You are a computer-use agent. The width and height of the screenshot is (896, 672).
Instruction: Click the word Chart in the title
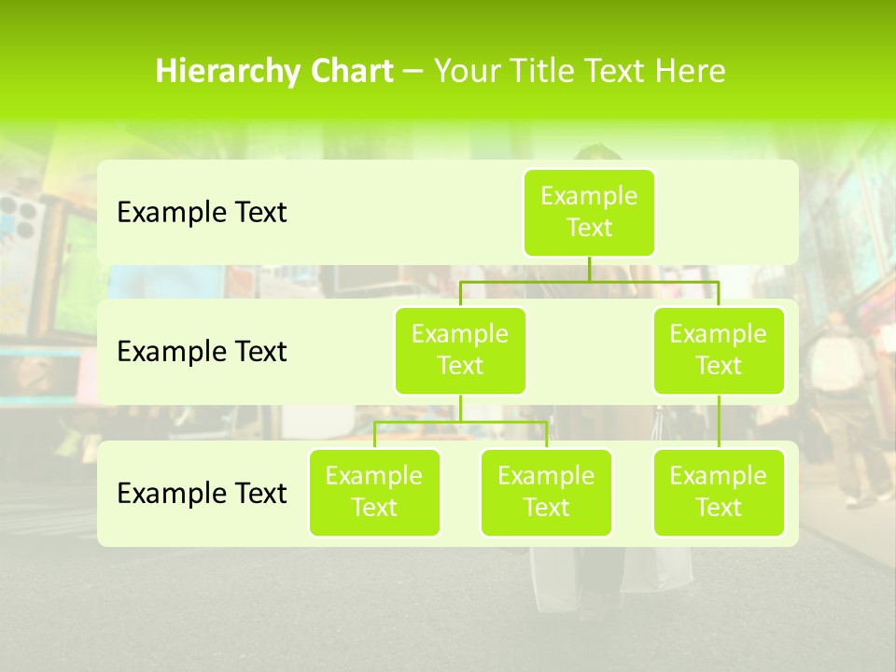point(352,72)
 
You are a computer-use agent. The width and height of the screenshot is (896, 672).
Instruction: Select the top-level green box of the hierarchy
point(589,213)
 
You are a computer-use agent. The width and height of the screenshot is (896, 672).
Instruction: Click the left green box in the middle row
point(460,351)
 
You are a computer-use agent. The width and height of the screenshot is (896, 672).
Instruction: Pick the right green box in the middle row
point(719,351)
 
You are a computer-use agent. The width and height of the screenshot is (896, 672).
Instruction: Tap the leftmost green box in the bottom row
point(374,493)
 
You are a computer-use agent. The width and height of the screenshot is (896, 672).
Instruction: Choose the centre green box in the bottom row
point(546,493)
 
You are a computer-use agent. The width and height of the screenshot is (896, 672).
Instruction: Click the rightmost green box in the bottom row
point(719,493)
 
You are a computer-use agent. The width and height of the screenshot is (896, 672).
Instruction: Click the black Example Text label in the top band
point(202,213)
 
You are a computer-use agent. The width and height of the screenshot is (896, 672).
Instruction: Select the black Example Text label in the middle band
point(202,352)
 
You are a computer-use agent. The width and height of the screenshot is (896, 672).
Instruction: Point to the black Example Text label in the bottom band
point(202,493)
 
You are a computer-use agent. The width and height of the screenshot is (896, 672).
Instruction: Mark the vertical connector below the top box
point(589,269)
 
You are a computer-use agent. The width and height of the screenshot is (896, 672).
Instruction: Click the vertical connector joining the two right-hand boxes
point(719,422)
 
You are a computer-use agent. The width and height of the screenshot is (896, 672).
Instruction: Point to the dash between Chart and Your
point(413,72)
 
